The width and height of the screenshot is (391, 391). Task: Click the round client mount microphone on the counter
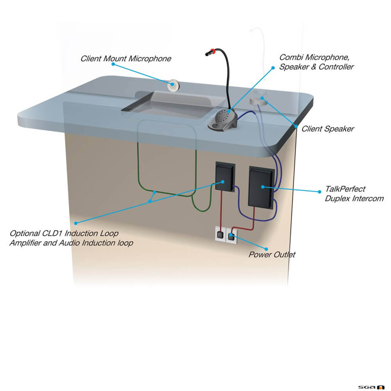tap(173, 86)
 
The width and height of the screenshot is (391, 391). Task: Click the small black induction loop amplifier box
tap(225, 177)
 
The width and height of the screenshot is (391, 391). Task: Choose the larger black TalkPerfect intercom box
tap(262, 186)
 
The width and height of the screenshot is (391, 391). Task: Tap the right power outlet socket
tap(231, 236)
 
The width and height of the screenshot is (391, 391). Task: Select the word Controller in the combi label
tap(336, 66)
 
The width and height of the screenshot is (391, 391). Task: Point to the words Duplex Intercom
tap(354, 199)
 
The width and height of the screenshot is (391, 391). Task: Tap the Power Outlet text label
tap(272, 255)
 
